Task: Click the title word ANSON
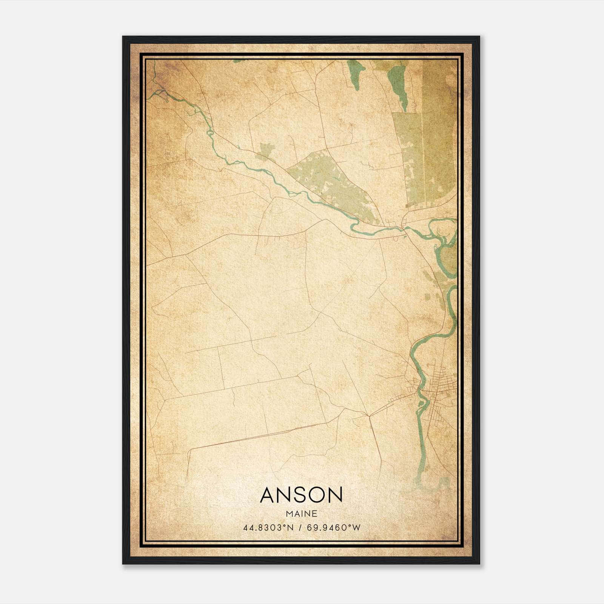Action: click(301, 495)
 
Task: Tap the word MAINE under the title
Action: click(301, 514)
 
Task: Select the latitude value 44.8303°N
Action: click(268, 527)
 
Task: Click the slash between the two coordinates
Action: click(300, 527)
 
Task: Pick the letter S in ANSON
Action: click(301, 495)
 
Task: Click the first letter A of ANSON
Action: click(267, 495)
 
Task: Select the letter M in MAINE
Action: click(289, 514)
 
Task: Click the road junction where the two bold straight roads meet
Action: click(369, 416)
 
